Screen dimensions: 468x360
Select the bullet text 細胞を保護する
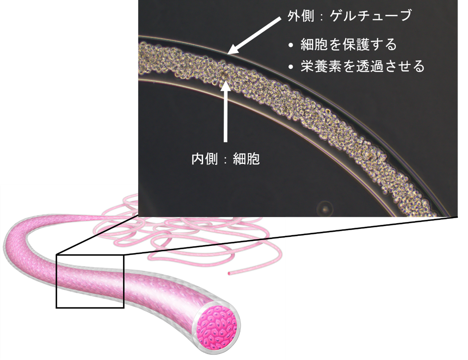348,44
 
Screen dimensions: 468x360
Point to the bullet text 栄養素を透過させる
362,66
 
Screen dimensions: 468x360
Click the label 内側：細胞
225,159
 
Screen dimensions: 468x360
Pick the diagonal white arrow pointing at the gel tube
254,36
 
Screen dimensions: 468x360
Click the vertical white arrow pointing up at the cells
225,111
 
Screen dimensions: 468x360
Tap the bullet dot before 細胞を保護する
291,45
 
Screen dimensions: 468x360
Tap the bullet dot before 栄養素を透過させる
291,67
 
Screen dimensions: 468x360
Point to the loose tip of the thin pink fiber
229,274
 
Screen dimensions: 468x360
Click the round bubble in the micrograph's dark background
325,208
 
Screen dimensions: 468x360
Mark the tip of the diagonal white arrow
228,54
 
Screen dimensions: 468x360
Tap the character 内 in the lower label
198,159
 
